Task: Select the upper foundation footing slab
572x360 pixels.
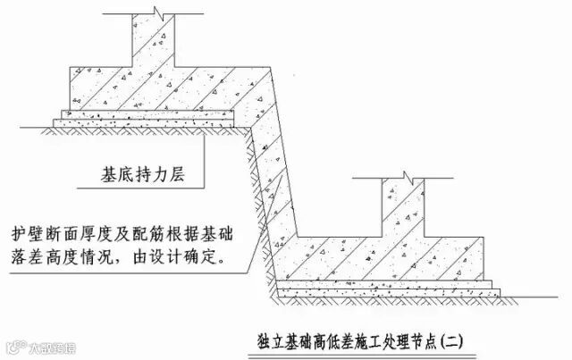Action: coord(170,89)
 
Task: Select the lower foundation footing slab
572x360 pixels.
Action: coord(393,254)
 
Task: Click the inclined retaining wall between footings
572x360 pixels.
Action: coord(273,179)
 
